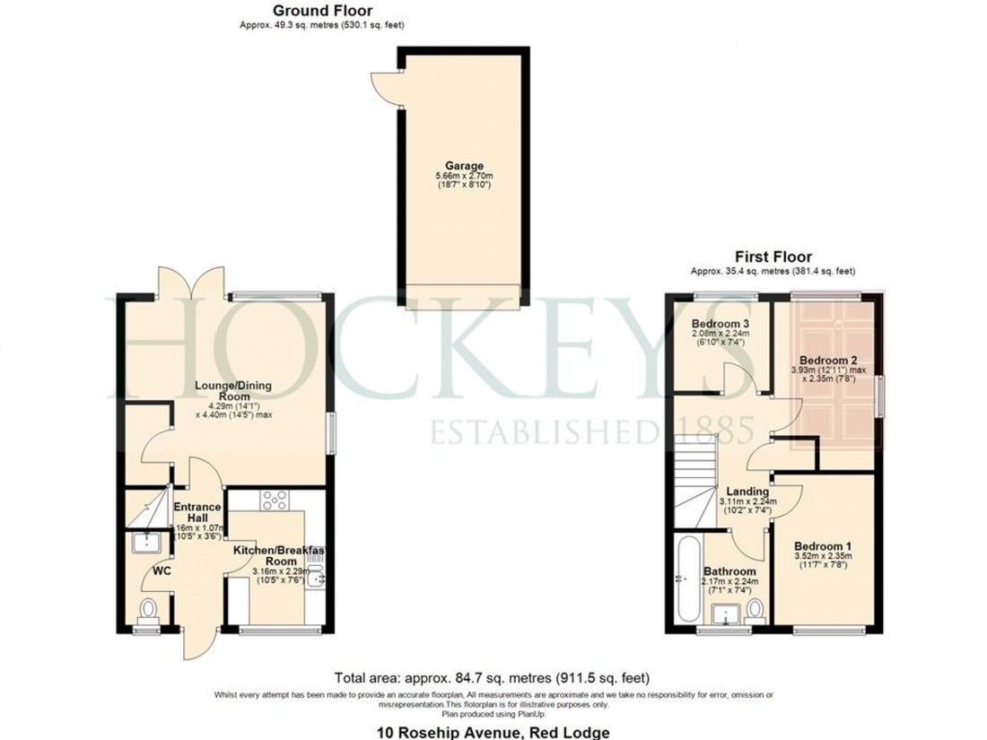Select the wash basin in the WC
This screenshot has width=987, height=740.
pyautogui.click(x=144, y=541)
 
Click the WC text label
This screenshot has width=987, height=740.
pyautogui.click(x=162, y=570)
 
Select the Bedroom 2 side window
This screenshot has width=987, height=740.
pyautogui.click(x=880, y=396)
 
